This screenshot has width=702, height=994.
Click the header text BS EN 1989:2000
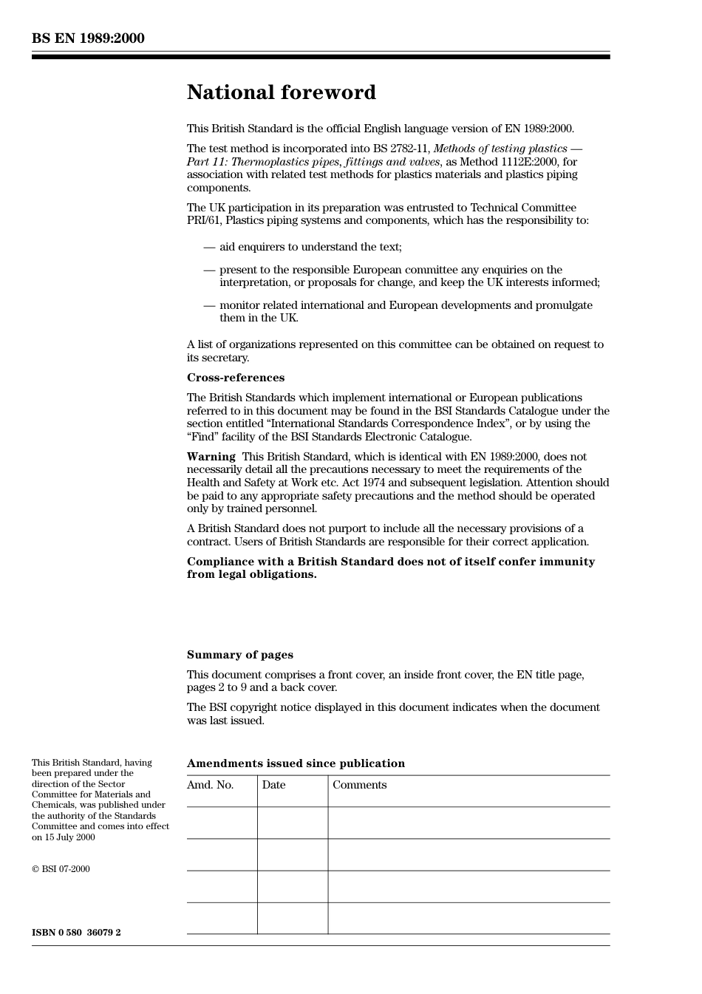pyautogui.click(x=88, y=38)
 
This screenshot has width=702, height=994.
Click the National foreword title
pyautogui.click(x=281, y=92)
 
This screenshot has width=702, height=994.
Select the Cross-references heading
pyautogui.click(x=235, y=378)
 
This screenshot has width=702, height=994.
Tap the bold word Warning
pyautogui.click(x=211, y=457)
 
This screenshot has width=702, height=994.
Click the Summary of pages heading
pyautogui.click(x=239, y=655)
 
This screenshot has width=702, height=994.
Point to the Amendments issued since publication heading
pyautogui.click(x=296, y=763)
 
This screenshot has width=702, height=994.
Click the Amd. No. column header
pyautogui.click(x=210, y=785)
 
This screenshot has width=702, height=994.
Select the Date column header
pyautogui.click(x=273, y=785)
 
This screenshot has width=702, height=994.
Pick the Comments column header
pyautogui.click(x=359, y=785)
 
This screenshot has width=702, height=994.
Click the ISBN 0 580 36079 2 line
pyautogui.click(x=76, y=932)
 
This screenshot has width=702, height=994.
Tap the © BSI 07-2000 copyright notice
pyautogui.click(x=61, y=869)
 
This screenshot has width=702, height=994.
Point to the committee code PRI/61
pyautogui.click(x=204, y=220)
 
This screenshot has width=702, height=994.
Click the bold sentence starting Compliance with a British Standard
pyautogui.click(x=390, y=568)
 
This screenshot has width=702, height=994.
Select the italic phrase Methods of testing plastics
pyautogui.click(x=500, y=149)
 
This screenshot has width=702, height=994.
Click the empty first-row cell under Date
pyautogui.click(x=293, y=823)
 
